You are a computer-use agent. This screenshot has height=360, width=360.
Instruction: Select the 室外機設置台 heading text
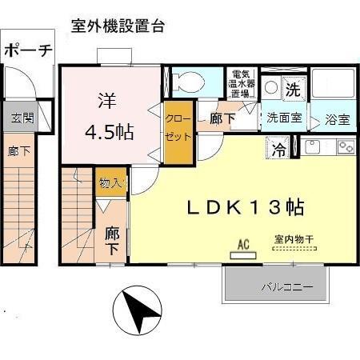[118, 26]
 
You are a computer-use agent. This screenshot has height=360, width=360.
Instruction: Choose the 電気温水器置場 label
[239, 83]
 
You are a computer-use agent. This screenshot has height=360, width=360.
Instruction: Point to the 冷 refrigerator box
[279, 148]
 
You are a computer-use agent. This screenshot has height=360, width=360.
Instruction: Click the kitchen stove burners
[345, 147]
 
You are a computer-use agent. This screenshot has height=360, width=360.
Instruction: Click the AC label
[242, 245]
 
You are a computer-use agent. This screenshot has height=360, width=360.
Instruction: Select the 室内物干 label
[294, 238]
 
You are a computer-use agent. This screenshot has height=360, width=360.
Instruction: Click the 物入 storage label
[110, 183]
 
